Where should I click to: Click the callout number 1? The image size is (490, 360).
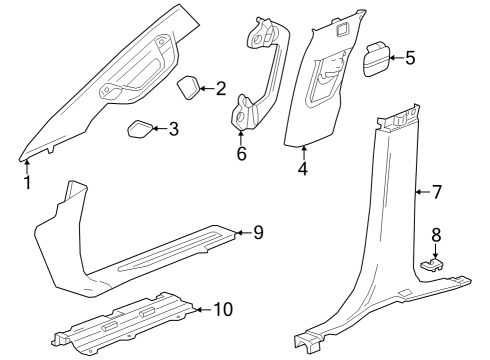[x=28, y=182]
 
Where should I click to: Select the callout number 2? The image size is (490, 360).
[x=221, y=89]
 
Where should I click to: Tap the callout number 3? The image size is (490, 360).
[x=173, y=129]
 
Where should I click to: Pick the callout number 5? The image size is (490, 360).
[x=409, y=58]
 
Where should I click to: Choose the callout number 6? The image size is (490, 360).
[x=241, y=154]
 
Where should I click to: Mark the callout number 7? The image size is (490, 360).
[x=435, y=190]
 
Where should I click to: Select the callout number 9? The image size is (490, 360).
[x=257, y=233]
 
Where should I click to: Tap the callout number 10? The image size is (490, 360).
[x=223, y=309]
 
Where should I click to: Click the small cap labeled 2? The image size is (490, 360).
[x=188, y=88]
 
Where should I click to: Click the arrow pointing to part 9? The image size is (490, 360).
[x=240, y=233]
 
